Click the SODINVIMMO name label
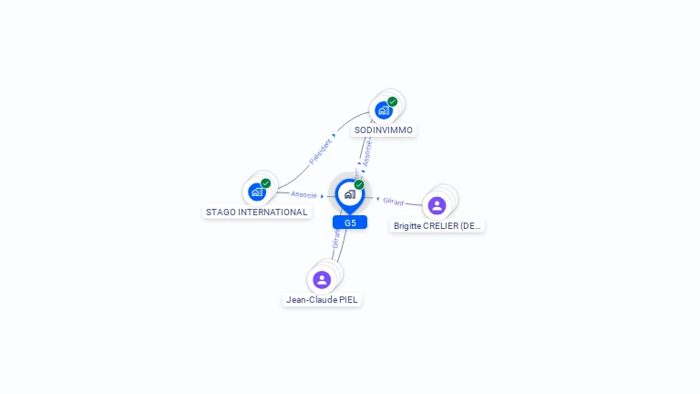click(x=384, y=130)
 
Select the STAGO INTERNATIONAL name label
click(x=256, y=212)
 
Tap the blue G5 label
click(x=350, y=223)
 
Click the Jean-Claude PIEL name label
click(x=322, y=299)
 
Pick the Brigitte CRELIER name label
click(x=437, y=225)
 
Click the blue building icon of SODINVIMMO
click(x=384, y=110)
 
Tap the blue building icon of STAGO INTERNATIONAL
click(x=257, y=192)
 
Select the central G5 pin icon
click(x=349, y=194)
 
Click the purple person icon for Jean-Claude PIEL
click(x=322, y=279)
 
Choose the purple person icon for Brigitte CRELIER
click(x=437, y=205)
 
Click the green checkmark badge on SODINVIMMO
click(x=393, y=101)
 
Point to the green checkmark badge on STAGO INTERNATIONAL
click(x=266, y=183)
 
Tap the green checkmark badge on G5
click(x=359, y=184)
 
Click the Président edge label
click(x=321, y=151)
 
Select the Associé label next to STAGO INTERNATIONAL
click(x=304, y=194)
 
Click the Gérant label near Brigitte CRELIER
click(x=394, y=202)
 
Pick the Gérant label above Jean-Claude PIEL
click(x=336, y=239)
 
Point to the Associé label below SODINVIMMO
click(x=367, y=152)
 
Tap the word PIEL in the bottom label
click(x=348, y=299)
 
